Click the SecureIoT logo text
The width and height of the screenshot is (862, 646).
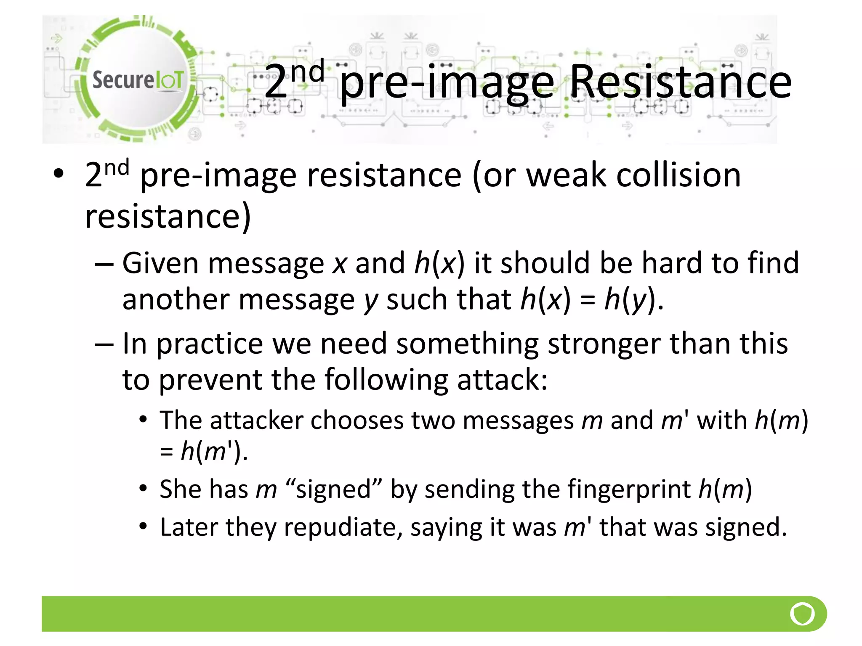click(x=138, y=80)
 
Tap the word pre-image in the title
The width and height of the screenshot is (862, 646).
click(x=447, y=83)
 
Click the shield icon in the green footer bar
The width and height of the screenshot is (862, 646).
click(x=802, y=614)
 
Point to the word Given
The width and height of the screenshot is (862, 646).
click(x=160, y=264)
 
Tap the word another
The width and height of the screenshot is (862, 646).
click(x=176, y=300)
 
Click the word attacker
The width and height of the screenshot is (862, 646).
click(x=257, y=420)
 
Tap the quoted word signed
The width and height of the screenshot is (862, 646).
click(x=333, y=490)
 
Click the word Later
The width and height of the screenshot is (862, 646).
click(x=188, y=527)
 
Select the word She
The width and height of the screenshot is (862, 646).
click(x=179, y=490)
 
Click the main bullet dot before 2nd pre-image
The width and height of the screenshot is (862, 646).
click(x=59, y=173)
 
